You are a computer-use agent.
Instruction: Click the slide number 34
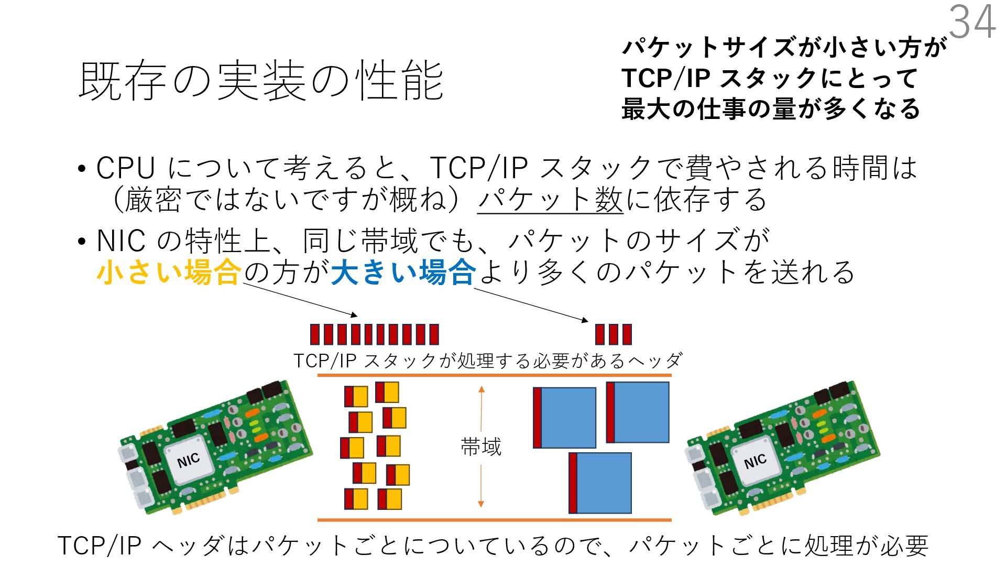pos(972,22)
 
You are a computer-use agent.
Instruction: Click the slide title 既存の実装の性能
pos(261,81)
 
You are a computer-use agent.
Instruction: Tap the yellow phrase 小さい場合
pos(169,273)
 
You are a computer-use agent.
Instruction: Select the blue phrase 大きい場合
pos(403,273)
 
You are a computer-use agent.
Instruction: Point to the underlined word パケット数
pos(550,200)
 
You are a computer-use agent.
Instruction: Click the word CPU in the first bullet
pos(126,168)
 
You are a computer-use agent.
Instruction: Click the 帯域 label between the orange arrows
pos(481,447)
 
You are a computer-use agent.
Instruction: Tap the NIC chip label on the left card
pos(189,461)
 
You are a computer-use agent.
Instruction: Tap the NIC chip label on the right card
pos(755,461)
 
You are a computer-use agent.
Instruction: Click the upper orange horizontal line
pos(494,375)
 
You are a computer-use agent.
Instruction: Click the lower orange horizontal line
pos(494,520)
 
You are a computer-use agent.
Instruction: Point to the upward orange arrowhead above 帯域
pos(482,389)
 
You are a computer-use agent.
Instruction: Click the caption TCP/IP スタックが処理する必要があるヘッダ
pos(487,361)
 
